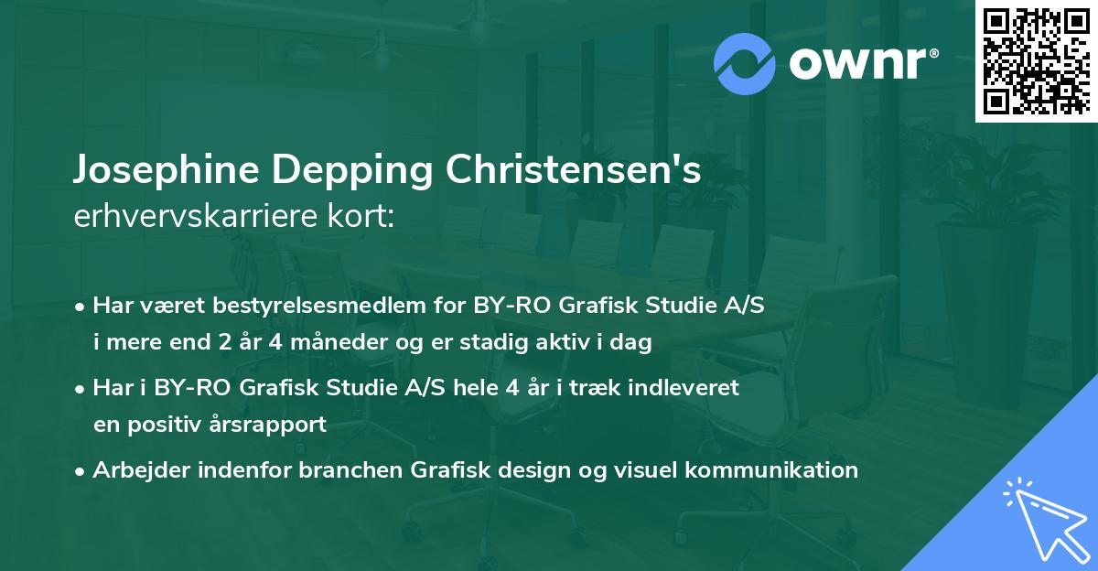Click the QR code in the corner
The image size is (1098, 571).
[1036, 61]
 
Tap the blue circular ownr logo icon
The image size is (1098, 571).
[744, 63]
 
